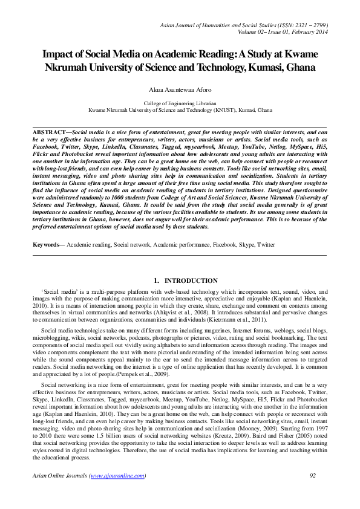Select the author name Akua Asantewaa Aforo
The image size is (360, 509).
click(180, 89)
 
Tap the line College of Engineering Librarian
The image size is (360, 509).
click(180, 105)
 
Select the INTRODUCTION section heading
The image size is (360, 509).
click(191, 281)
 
